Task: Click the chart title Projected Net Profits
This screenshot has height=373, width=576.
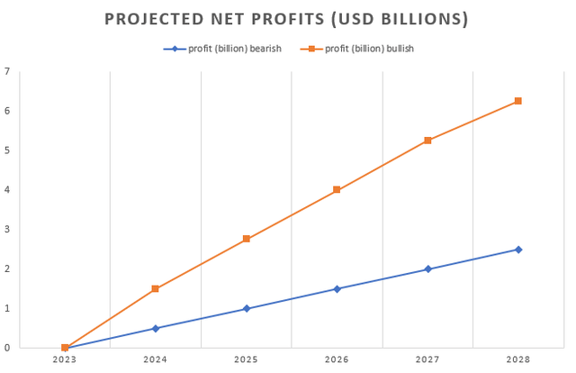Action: (x=287, y=19)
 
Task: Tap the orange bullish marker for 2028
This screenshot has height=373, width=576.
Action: (x=518, y=101)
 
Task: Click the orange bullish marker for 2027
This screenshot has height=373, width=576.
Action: (x=427, y=141)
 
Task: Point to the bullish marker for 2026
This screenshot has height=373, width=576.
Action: (x=337, y=190)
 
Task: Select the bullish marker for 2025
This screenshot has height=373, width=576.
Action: (x=246, y=239)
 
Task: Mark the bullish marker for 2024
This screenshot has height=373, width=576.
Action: (x=156, y=288)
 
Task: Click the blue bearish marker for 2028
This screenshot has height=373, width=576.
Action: (x=518, y=250)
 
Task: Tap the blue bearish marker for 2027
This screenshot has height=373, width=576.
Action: (x=427, y=269)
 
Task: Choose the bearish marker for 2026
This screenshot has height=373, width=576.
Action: (x=337, y=289)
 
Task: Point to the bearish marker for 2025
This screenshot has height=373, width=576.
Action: (x=246, y=308)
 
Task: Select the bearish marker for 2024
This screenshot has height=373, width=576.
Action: (x=156, y=328)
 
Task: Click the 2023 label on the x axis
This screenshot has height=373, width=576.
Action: (x=65, y=359)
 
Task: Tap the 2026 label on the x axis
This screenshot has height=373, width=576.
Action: (x=337, y=359)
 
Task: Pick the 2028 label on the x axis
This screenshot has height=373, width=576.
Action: (x=518, y=359)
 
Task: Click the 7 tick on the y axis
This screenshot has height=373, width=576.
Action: (x=7, y=71)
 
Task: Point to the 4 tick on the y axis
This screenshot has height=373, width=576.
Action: (x=7, y=190)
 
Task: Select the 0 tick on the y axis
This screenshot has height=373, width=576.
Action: (x=7, y=348)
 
